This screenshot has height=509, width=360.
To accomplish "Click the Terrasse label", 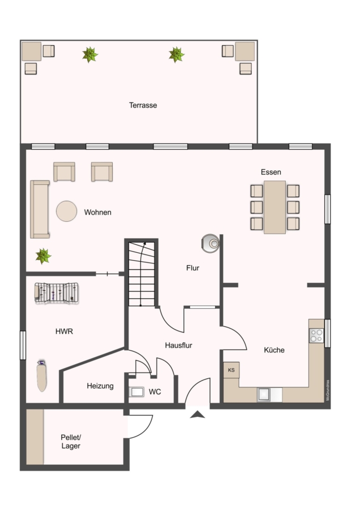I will [x=143, y=105].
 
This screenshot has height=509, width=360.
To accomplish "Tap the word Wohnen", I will [x=98, y=213].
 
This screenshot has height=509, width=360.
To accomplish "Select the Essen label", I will [x=271, y=172].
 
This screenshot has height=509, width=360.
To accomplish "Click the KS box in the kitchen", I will [x=231, y=370].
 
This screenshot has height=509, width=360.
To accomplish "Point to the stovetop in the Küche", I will [x=316, y=336].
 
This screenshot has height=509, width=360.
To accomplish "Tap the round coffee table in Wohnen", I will [x=66, y=212].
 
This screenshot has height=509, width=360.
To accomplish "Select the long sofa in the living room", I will [x=40, y=209].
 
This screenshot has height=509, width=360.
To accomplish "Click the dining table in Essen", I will [x=275, y=207].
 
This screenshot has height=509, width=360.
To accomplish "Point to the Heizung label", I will [x=100, y=386].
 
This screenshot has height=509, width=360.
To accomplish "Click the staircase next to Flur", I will [x=141, y=273].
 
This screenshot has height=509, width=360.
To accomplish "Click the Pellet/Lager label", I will [x=71, y=442].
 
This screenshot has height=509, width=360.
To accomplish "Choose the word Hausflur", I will [x=179, y=345].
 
